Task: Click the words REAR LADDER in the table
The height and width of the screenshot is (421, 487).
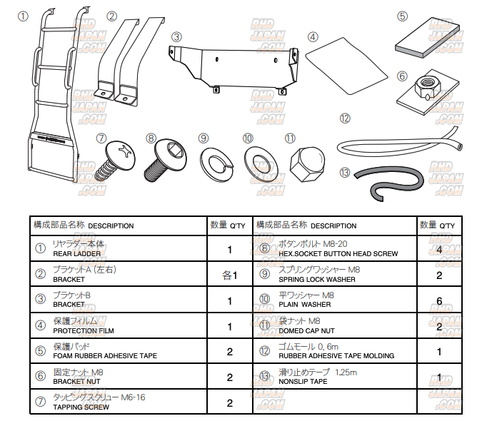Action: [76, 253]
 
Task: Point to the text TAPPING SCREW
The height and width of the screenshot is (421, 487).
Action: [81, 407]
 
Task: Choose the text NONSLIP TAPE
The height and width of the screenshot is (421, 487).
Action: [303, 381]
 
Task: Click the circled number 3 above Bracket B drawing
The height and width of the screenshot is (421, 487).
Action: [176, 36]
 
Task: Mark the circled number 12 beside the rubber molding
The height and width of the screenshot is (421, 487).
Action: [346, 118]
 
